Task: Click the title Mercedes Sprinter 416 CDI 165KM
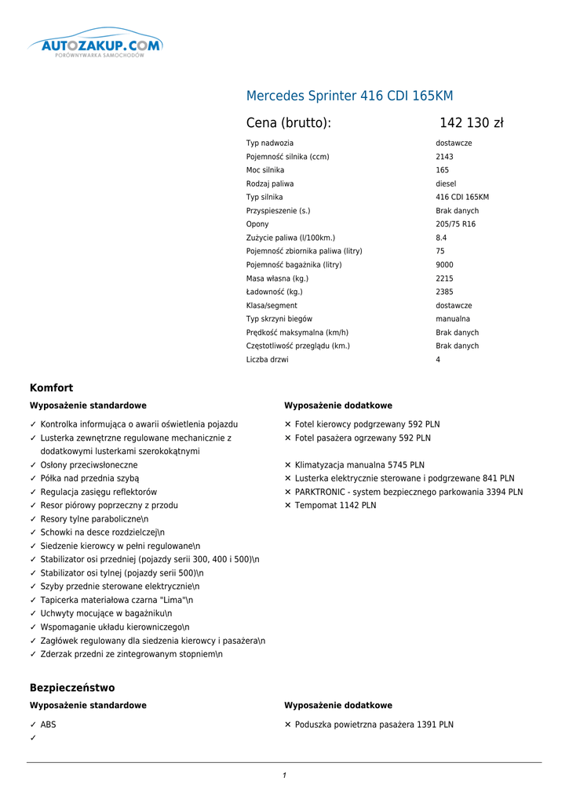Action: (349, 96)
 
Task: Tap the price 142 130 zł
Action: (471, 123)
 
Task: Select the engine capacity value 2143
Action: (444, 157)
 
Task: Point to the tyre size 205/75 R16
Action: (455, 224)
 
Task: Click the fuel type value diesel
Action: (446, 183)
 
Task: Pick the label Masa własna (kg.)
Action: (277, 278)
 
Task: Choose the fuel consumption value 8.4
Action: (441, 238)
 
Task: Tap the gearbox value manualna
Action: (453, 319)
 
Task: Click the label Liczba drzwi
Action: (267, 360)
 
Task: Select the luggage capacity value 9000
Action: (444, 265)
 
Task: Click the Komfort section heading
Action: (51, 388)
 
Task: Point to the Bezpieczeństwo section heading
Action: (72, 688)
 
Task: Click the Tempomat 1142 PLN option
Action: (335, 506)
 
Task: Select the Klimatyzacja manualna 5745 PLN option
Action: (359, 465)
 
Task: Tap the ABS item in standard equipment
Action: (48, 725)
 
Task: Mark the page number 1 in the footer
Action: (284, 776)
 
